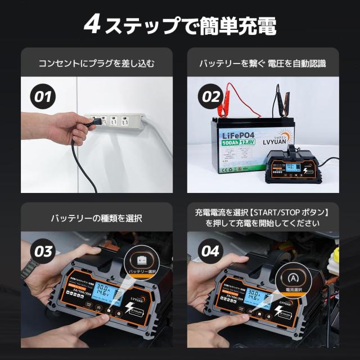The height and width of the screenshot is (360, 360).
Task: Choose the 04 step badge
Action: tap(211, 251)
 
